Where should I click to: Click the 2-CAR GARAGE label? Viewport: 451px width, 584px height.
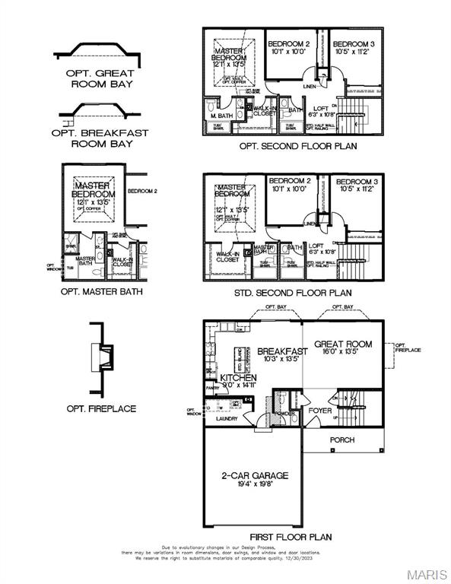pos(255,475)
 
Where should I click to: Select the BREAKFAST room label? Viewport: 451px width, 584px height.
pos(281,351)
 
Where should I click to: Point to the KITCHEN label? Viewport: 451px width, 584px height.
pos(239,377)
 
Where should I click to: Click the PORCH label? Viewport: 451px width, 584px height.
pos(341,440)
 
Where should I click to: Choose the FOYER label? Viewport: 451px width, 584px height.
pos(319,411)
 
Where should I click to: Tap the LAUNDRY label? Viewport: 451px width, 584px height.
pos(227,418)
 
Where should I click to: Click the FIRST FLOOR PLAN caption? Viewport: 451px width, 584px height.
pos(294,537)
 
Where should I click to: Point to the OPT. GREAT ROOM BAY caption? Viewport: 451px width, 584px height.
pos(100,78)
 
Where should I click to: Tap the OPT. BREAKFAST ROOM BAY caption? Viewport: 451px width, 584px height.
pos(100,138)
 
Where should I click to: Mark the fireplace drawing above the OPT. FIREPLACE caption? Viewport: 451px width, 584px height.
pos(101,355)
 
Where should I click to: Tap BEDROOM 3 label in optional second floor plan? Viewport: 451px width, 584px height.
pos(354,43)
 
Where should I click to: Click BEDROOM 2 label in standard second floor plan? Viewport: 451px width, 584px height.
pos(290,181)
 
